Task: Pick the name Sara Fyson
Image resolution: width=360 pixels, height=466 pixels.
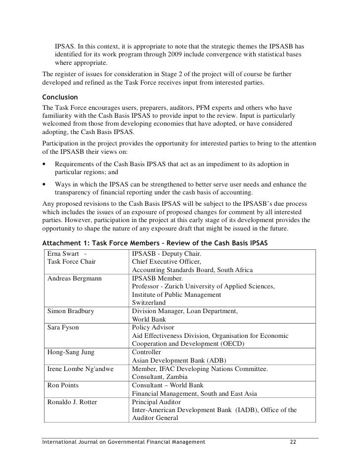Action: [x=63, y=327]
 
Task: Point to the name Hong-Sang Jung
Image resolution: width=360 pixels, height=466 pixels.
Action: [x=71, y=352]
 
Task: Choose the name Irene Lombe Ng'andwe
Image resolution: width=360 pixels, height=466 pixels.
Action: [x=81, y=369]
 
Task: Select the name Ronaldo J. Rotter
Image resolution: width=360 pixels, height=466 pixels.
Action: [x=72, y=401]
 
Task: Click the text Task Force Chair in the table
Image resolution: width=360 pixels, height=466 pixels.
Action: [x=71, y=262]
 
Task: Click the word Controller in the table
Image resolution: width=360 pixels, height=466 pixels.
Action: [x=148, y=352]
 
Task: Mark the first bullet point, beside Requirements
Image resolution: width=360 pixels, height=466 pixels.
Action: [x=45, y=164]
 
